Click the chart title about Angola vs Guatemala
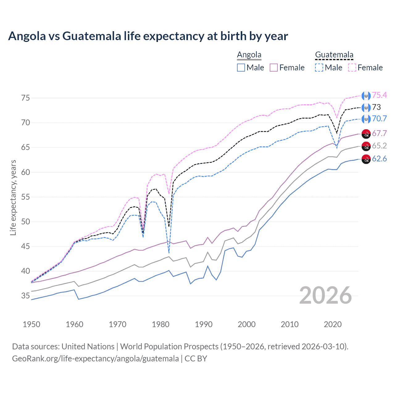tap(148, 36)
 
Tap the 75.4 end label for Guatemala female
tap(379, 95)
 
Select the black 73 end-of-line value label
tap(376, 107)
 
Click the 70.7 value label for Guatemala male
tap(379, 119)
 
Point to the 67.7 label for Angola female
tap(379, 133)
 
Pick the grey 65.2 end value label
tap(379, 146)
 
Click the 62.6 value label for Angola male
tap(379, 159)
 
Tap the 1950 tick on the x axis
tap(31, 324)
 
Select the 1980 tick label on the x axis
tap(160, 324)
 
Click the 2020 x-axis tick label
tap(333, 324)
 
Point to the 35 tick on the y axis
tap(26, 296)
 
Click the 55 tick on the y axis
tap(26, 197)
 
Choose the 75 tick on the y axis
tap(26, 98)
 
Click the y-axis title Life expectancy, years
tap(13, 197)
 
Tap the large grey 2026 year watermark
tap(325, 295)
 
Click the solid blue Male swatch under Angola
tap(241, 68)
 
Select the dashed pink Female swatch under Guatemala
tap(352, 68)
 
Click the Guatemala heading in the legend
tap(334, 55)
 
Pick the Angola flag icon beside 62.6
tap(366, 159)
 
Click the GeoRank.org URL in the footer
tap(95, 359)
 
